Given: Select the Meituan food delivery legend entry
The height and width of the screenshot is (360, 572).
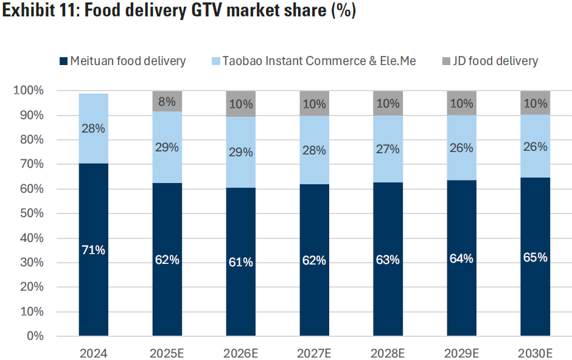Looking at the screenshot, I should (122, 61).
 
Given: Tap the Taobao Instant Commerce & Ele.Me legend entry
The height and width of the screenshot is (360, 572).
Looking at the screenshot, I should (313, 61).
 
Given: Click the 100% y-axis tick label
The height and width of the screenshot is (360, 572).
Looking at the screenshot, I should (29, 91).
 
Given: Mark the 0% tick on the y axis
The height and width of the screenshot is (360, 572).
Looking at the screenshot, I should (34, 336).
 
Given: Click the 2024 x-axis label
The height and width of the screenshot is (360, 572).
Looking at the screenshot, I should (94, 353).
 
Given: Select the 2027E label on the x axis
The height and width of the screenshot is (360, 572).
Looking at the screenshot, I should (314, 353).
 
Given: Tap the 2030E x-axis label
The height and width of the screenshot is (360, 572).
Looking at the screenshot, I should (535, 353).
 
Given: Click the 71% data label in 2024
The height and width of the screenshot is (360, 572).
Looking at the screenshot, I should (94, 250).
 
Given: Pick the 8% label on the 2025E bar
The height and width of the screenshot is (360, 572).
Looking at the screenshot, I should (167, 101).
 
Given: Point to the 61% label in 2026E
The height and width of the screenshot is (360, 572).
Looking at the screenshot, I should (241, 262).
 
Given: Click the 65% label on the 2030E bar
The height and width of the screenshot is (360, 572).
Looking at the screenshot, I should (535, 257).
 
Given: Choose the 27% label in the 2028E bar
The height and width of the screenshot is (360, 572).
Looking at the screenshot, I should (388, 150).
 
